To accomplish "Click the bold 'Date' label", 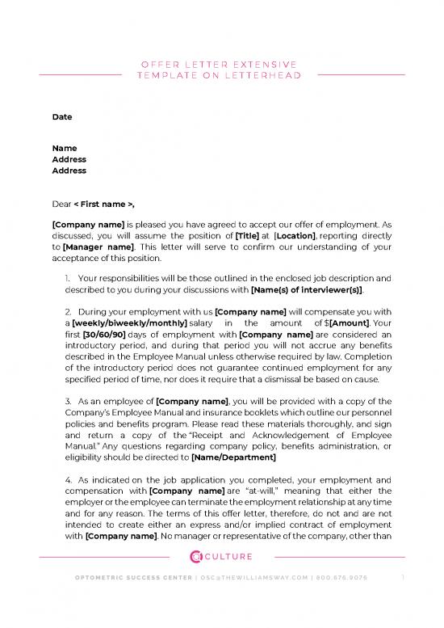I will coord(61,117).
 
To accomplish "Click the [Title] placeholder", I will coord(248,234).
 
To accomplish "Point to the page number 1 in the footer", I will coord(403,599).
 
